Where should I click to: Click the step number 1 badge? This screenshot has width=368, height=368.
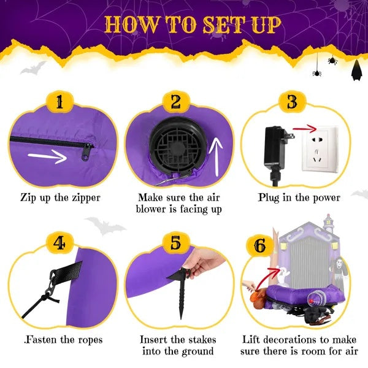[x=59, y=102]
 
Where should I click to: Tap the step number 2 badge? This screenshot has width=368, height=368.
[x=176, y=102]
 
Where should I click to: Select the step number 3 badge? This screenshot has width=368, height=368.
[x=293, y=102]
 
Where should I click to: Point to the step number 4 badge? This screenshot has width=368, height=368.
[x=59, y=243]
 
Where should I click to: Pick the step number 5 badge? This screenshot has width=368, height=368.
[x=176, y=243]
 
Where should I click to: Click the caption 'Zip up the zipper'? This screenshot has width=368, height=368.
[x=59, y=197]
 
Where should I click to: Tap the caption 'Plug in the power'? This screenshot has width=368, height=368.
[x=299, y=197]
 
